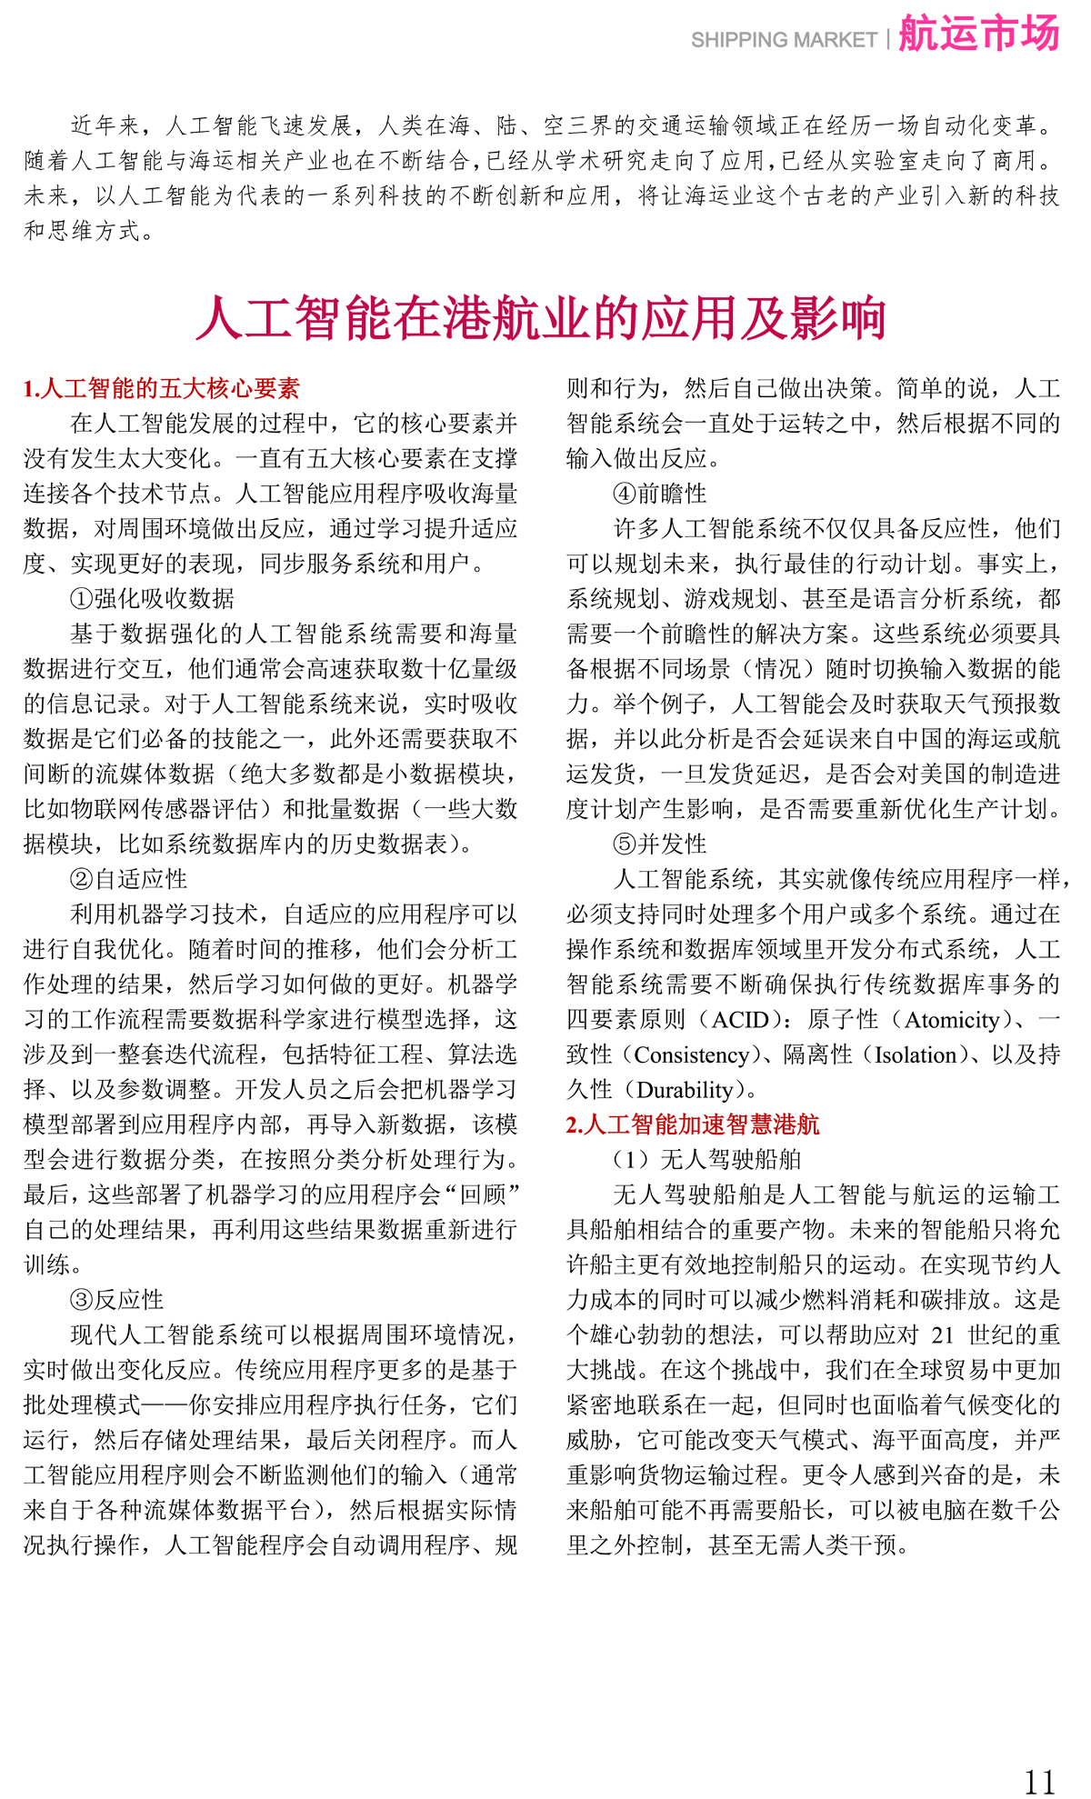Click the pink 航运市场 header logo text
(978, 35)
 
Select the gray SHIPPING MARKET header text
(783, 40)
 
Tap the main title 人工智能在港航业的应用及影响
(541, 318)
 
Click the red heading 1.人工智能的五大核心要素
(161, 389)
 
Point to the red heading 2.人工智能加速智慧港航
(692, 1124)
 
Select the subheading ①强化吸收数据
(152, 598)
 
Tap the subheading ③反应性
(116, 1300)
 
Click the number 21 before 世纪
(943, 1334)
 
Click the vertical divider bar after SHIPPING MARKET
(887, 40)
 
